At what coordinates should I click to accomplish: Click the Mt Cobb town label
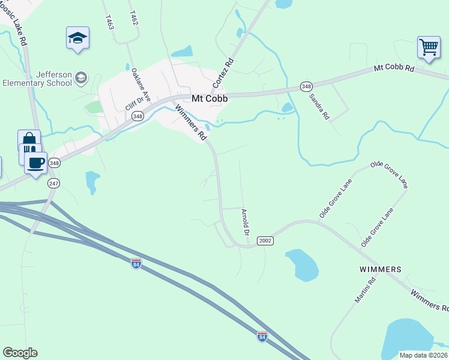[x=209, y=99]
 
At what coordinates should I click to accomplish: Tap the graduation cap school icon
[x=77, y=38]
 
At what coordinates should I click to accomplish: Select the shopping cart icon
[x=429, y=47]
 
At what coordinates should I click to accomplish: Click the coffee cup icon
[x=36, y=163]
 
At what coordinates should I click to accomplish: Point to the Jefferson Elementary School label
[x=38, y=79]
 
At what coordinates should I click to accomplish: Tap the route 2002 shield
[x=265, y=241]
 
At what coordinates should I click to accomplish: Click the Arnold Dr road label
[x=246, y=221]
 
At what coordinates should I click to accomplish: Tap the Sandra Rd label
[x=319, y=105]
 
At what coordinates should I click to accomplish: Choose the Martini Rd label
[x=364, y=290]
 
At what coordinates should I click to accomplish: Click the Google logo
[x=20, y=353]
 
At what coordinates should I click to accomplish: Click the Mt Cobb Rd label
[x=394, y=68]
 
